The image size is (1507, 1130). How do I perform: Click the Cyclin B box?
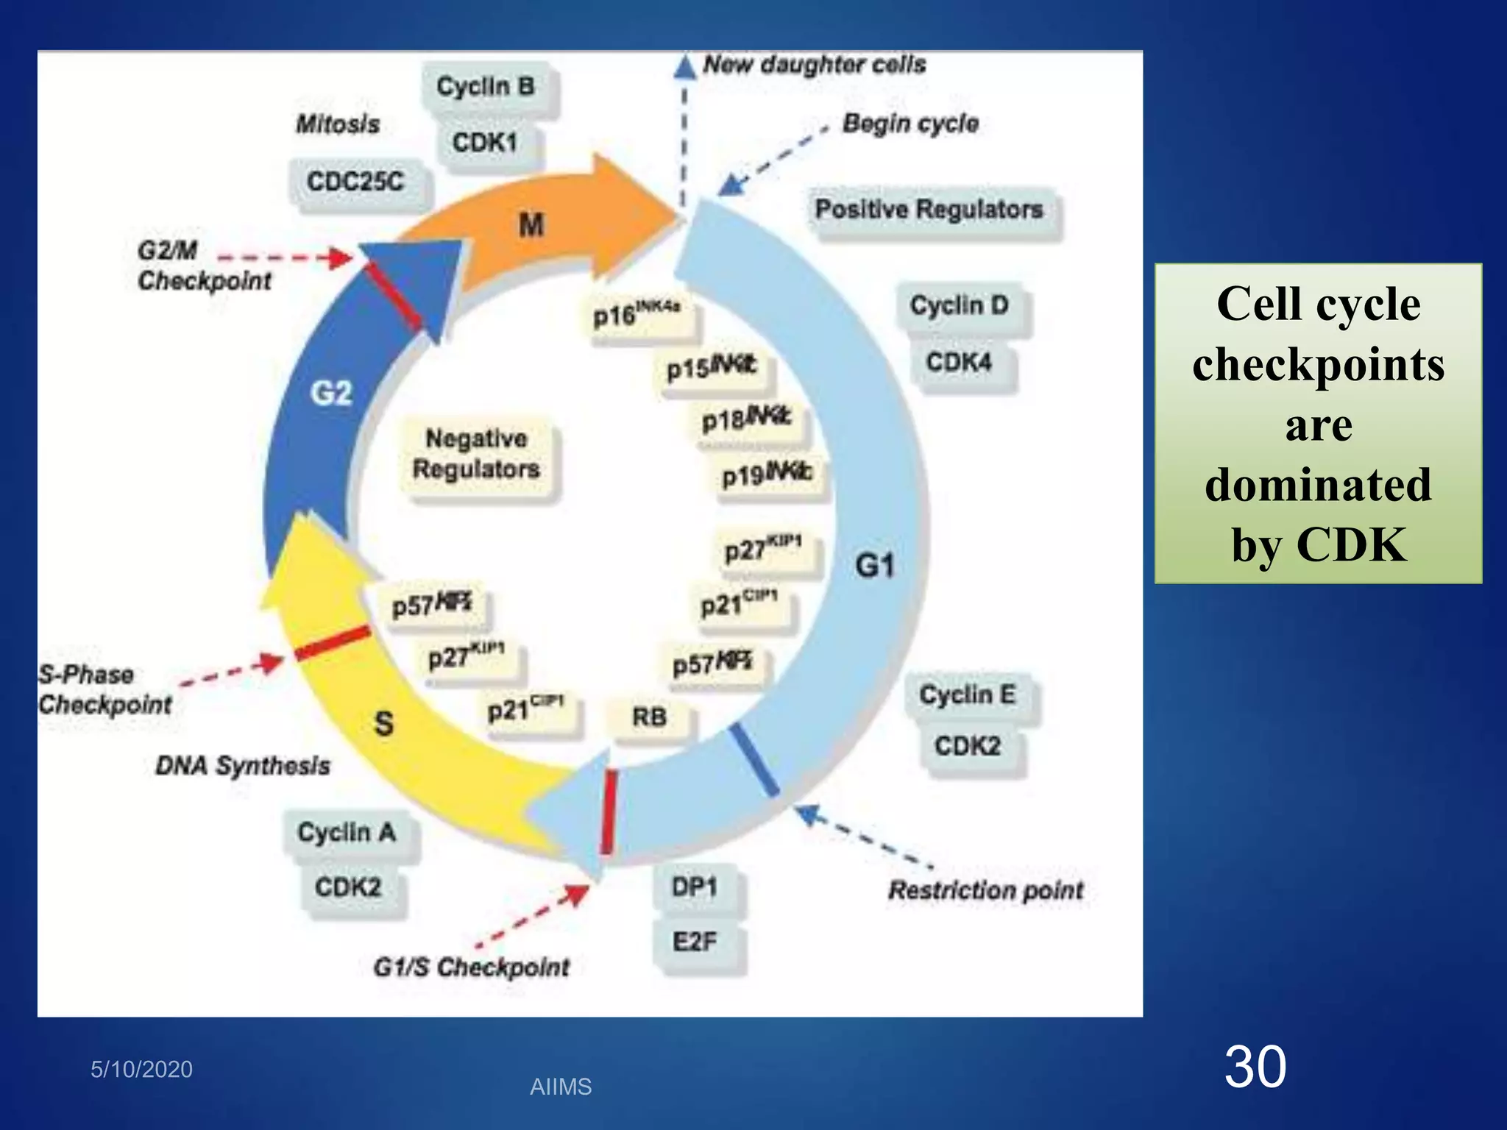point(486,87)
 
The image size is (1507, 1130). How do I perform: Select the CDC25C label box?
point(355,182)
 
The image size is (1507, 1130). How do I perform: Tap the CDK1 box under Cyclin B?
point(485,142)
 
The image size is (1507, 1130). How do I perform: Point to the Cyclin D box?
point(959,305)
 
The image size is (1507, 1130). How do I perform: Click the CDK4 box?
point(959,362)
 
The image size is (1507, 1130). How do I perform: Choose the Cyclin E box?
point(967,694)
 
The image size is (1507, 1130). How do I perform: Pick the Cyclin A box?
point(347,833)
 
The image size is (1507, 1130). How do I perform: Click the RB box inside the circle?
point(649,717)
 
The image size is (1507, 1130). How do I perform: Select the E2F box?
point(694,942)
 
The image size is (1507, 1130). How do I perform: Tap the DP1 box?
point(694,887)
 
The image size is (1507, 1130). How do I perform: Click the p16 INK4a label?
point(637,315)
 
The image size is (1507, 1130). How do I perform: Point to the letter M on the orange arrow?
point(531,225)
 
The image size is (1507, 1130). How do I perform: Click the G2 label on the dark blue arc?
point(331,394)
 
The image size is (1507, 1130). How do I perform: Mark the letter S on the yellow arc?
point(383,723)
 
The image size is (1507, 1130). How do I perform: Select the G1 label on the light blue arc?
point(875,566)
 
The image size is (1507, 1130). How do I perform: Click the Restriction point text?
point(986,891)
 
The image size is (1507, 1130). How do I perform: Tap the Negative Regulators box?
point(476,454)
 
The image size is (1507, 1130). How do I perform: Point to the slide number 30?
point(1255,1067)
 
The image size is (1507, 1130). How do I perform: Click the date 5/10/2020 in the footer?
point(141,1069)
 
